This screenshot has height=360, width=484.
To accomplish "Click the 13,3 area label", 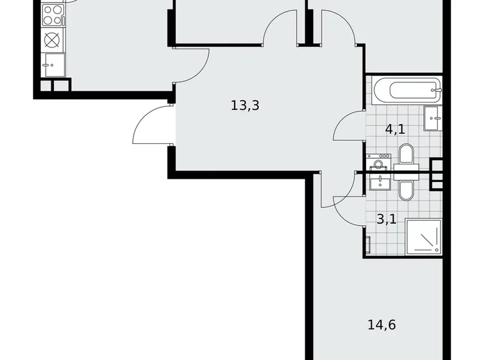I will [244, 106].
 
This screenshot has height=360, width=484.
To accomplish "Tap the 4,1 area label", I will [395, 130].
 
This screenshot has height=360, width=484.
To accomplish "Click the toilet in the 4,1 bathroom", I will [406, 155].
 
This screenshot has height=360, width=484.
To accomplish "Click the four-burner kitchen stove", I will [53, 16].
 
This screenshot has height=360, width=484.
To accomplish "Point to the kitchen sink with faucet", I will [53, 62].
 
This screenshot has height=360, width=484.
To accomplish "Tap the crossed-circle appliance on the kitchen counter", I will [53, 40].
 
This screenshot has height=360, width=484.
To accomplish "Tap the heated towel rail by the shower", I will [369, 245].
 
